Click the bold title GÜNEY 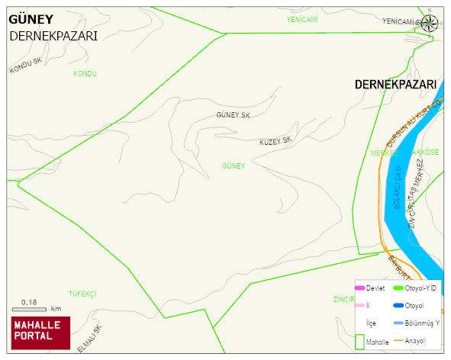31,19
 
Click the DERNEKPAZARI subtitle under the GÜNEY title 53,36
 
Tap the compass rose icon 430,23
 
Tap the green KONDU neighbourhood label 85,73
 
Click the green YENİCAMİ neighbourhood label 301,18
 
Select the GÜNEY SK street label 234,115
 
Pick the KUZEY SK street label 275,141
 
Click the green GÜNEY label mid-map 233,166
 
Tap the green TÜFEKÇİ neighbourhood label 82,294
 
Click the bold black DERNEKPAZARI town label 395,84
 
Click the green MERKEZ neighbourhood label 385,153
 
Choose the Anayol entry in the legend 414,340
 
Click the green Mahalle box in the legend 359,342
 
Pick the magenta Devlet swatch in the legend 359,288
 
